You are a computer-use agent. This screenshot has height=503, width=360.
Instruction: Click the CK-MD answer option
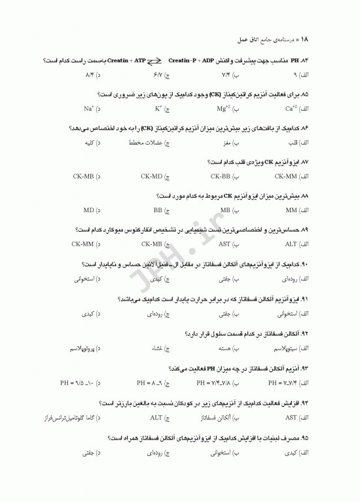click(x=152, y=176)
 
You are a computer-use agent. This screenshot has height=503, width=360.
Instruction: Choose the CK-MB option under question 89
click(x=152, y=244)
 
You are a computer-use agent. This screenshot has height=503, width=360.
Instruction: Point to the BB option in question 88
click(x=158, y=210)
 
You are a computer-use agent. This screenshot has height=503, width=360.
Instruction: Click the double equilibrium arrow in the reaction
click(x=155, y=61)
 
